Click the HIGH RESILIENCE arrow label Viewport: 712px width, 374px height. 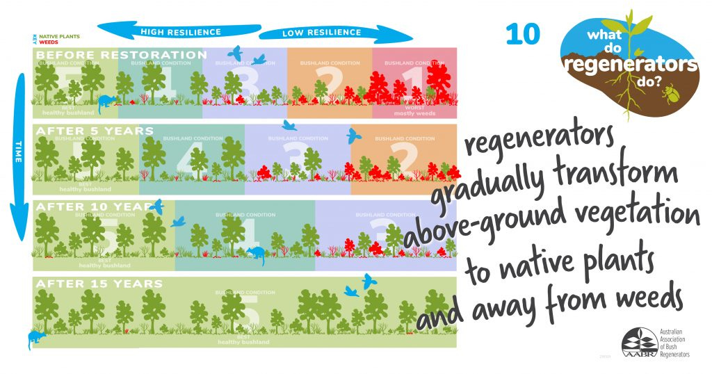[x=180, y=32]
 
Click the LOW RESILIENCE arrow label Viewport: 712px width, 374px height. [x=321, y=33]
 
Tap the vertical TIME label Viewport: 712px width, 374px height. [x=19, y=153]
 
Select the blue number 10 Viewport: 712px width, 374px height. [x=522, y=34]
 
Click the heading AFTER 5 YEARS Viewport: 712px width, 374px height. [x=95, y=131]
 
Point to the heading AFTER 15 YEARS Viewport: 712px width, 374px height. [x=99, y=284]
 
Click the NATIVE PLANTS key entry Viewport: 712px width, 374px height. [x=60, y=36]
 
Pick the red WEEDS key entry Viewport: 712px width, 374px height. [x=49, y=42]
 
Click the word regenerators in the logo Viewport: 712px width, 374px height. [x=631, y=66]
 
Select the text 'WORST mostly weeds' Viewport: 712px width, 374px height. [x=414, y=111]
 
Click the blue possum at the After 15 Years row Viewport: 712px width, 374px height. [x=35, y=339]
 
